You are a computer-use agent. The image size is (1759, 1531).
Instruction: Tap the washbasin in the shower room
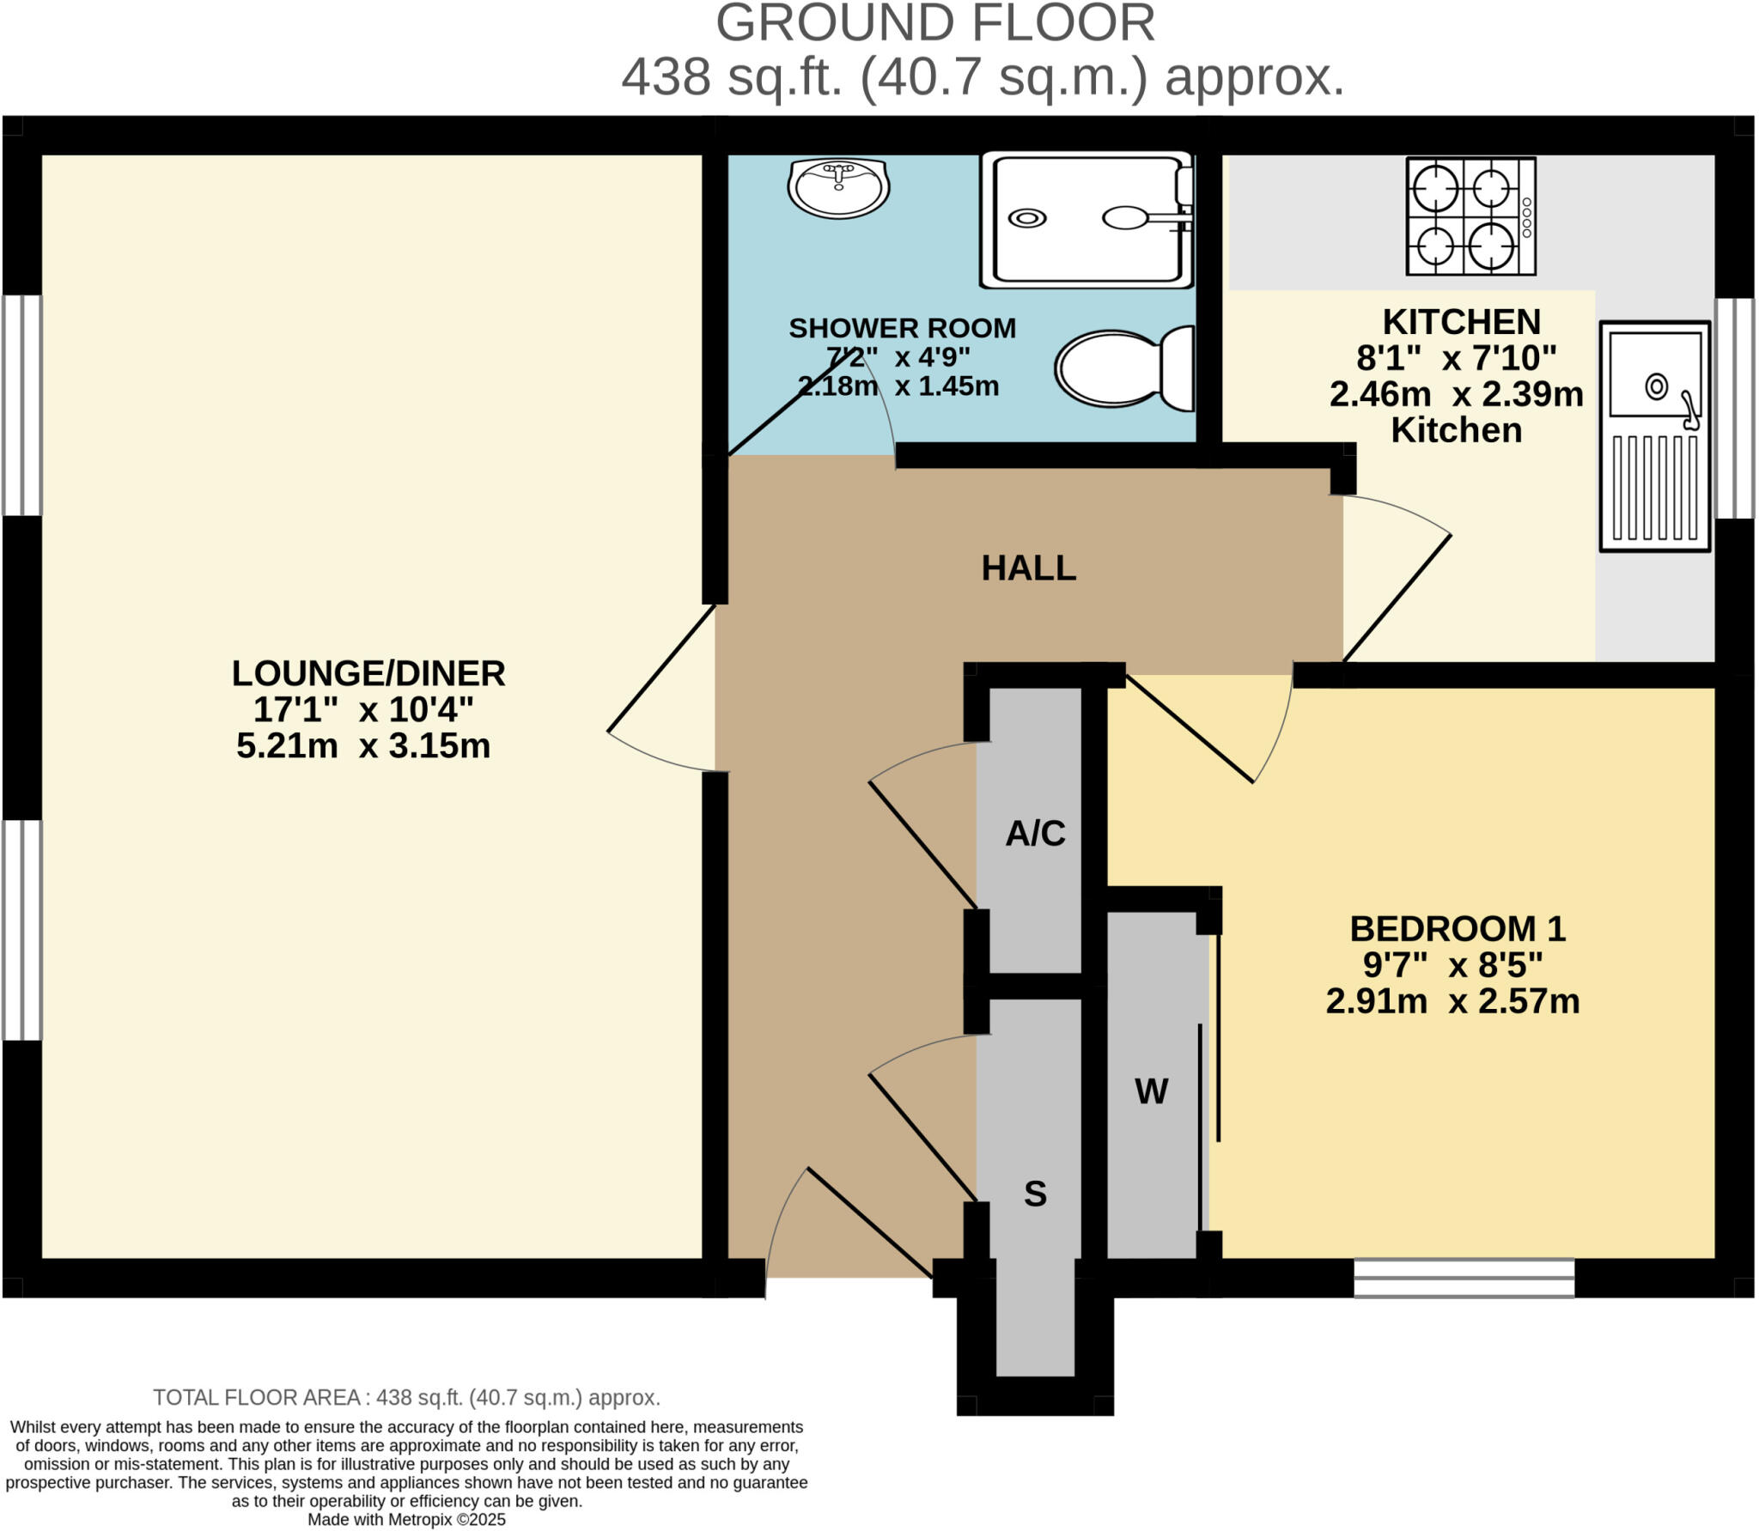point(838,187)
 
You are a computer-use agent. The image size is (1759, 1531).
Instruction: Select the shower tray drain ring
point(1026,218)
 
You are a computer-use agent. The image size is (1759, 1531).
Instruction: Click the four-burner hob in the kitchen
point(1470,216)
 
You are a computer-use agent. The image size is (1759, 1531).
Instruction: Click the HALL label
point(1028,568)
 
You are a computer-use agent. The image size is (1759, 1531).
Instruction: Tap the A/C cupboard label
point(1035,833)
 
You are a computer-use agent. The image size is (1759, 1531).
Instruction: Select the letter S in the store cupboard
point(1035,1194)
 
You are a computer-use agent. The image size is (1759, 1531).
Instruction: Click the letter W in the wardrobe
point(1151,1091)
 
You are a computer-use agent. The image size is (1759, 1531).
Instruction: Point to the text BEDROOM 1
point(1458,929)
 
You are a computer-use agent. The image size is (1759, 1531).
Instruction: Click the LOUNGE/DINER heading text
point(368,673)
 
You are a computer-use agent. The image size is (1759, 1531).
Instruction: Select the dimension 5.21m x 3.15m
point(363,745)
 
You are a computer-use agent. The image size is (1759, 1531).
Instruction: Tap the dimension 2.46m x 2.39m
point(1456,394)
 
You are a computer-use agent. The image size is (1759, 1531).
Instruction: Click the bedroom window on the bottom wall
point(1464,1277)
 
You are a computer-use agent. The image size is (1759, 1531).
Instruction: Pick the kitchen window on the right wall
point(1734,408)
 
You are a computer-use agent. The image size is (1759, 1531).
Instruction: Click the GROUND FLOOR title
point(934,24)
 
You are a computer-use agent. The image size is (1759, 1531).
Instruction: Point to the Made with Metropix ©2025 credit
point(406,1519)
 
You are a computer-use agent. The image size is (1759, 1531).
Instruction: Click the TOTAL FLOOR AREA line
point(406,1397)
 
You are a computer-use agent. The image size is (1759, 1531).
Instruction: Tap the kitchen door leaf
point(1397,598)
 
